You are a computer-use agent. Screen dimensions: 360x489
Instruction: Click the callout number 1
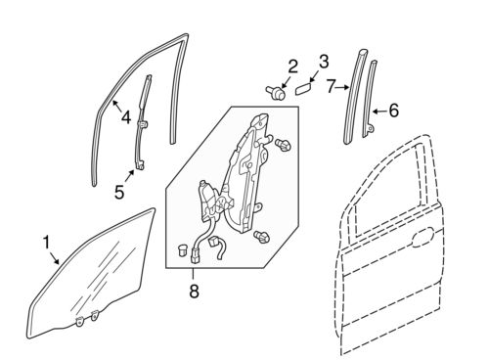click(45, 240)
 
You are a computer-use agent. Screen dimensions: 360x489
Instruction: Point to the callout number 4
click(126, 118)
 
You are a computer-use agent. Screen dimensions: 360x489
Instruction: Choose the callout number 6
click(393, 111)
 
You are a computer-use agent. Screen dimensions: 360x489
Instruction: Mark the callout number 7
click(332, 87)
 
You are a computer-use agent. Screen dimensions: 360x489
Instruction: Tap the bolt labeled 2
click(276, 95)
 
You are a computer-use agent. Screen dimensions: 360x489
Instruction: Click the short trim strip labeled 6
click(372, 103)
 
